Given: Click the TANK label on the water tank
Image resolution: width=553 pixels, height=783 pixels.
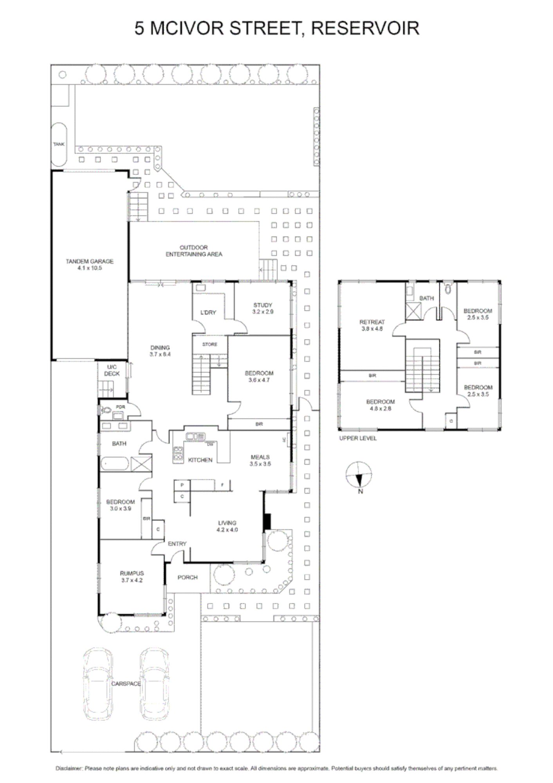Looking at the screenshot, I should click(59, 144).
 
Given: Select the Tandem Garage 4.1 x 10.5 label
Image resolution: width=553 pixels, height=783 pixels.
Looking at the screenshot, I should click(90, 265).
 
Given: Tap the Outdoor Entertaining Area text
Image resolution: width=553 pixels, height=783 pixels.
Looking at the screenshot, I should click(194, 251).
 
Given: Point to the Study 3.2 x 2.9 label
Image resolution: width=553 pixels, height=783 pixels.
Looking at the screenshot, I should click(263, 308).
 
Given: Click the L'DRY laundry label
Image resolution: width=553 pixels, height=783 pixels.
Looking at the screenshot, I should click(208, 312).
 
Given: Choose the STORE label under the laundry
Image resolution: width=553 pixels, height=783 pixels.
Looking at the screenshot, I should click(210, 345).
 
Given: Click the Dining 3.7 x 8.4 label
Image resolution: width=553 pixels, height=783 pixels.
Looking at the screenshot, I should click(160, 351).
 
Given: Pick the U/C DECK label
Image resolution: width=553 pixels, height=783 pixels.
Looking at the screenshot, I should click(112, 370).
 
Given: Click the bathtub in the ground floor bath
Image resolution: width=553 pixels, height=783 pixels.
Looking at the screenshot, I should click(115, 464).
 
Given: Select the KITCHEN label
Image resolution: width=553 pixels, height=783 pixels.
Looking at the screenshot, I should click(200, 460).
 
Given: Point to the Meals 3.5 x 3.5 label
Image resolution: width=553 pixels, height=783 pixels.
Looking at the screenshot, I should click(260, 460).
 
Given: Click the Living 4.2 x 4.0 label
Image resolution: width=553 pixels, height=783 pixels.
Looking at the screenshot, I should click(227, 526).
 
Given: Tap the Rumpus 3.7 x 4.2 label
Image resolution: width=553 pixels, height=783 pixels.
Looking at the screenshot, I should click(132, 577).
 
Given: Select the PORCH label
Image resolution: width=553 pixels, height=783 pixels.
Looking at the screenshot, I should click(187, 577).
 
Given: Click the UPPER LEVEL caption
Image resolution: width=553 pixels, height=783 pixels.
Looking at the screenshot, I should click(358, 438).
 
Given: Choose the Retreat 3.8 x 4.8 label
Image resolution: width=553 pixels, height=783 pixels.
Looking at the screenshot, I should click(372, 325).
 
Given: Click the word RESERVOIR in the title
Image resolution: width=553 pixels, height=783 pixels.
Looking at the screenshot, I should click(366, 28).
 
